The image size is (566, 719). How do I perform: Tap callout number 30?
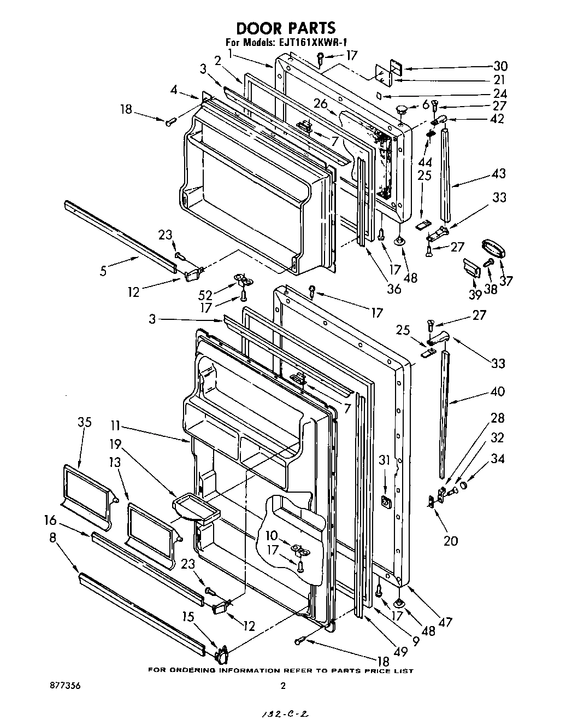pos(500,66)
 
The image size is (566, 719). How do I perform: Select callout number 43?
pos(498,173)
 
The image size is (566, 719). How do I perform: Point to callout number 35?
pos(84,422)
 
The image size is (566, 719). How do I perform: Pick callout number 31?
pos(385,461)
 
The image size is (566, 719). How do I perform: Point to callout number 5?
pos(103,269)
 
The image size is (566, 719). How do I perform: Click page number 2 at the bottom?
pos(283,686)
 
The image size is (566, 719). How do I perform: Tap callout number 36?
pos(393,289)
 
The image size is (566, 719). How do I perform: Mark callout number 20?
pos(450,540)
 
